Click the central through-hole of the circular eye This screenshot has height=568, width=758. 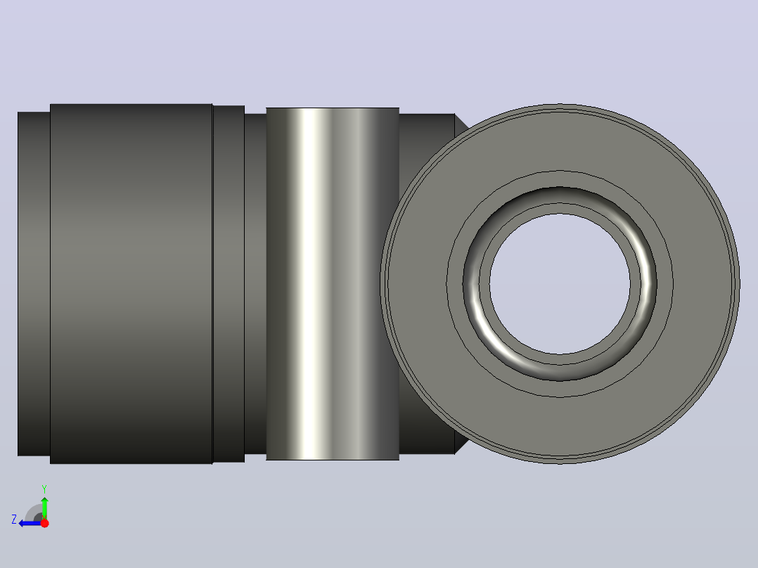click(560, 284)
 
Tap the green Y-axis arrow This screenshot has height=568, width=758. click(44, 507)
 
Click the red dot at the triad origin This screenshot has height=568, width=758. click(44, 523)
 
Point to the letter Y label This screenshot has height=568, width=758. click(44, 489)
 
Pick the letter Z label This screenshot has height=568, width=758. click(14, 519)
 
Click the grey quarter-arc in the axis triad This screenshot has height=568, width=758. click(33, 512)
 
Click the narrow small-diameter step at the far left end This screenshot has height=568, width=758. click(34, 284)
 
